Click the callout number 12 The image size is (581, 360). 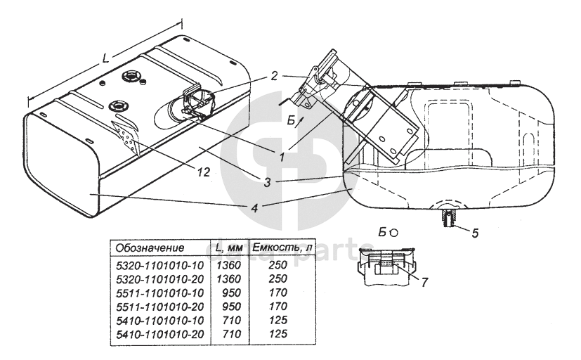point(204,172)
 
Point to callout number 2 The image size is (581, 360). point(274,76)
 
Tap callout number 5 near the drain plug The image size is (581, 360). point(475,233)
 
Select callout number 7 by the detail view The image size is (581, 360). point(424,282)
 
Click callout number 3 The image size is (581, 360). point(268,182)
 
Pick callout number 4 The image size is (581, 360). point(254,208)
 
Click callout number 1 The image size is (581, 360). point(282,157)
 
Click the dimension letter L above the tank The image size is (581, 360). point(105,58)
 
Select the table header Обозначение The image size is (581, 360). point(150,247)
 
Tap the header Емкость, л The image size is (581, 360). point(281,247)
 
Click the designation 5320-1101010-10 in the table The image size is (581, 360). point(159,266)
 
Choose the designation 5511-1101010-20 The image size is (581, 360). point(159,307)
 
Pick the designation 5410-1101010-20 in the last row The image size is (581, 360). point(159,334)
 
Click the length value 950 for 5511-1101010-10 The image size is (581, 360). point(231,293)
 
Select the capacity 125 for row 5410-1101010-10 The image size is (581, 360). point(278,320)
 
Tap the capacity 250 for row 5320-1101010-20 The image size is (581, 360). point(278,279)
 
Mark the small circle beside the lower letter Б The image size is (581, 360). point(393,233)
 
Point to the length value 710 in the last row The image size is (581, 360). point(231,334)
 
